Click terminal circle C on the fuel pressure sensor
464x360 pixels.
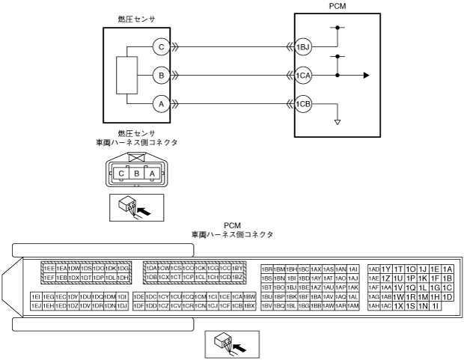click(160, 47)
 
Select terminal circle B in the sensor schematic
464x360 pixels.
click(160, 75)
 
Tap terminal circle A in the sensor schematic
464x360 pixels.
click(160, 103)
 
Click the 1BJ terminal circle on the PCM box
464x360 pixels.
click(302, 47)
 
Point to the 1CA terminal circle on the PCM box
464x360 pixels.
click(302, 75)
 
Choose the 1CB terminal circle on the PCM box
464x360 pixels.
click(302, 103)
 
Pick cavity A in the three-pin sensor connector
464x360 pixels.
click(152, 173)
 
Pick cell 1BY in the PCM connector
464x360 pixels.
click(238, 268)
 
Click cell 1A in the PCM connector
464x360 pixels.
click(448, 269)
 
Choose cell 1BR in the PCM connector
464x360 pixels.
click(266, 269)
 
